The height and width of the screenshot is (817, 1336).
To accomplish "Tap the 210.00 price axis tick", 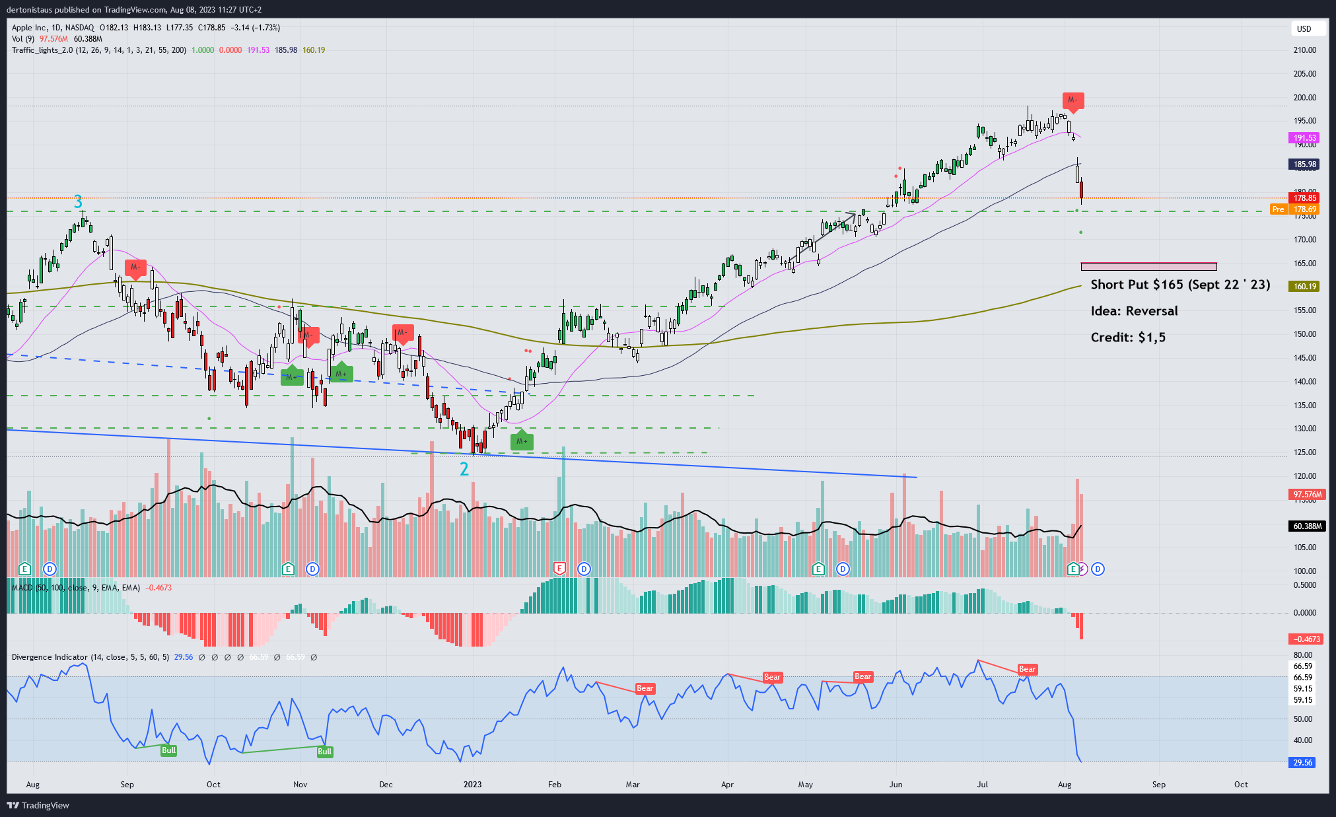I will (1304, 50).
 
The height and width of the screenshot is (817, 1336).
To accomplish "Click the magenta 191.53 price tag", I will (1304, 138).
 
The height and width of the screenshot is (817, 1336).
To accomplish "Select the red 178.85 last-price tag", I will (1304, 197).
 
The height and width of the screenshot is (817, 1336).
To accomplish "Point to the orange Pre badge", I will (1279, 209).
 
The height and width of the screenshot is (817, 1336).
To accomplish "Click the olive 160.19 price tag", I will (1304, 287).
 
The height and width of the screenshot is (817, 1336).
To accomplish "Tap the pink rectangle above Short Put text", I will (1148, 267).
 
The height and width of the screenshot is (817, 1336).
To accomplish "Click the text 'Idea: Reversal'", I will (1134, 311).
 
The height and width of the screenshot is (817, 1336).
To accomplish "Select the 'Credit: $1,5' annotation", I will (1128, 337).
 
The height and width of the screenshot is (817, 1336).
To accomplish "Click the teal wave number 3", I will (78, 201).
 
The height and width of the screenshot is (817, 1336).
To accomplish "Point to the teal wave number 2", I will (464, 469).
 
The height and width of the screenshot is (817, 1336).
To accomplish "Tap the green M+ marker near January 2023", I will (522, 441).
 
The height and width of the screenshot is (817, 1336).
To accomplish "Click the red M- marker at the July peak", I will (1072, 100).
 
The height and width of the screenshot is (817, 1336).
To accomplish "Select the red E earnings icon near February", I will (560, 569).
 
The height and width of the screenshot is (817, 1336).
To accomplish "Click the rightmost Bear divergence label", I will (1027, 669).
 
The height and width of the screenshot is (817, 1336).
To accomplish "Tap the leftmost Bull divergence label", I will (169, 750).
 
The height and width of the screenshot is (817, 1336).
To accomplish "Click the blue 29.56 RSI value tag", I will (1302, 762).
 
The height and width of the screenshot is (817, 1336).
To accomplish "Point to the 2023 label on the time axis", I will (472, 785).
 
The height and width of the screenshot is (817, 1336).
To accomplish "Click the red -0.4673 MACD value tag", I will (1306, 639).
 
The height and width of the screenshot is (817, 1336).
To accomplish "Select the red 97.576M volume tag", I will (1306, 495).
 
